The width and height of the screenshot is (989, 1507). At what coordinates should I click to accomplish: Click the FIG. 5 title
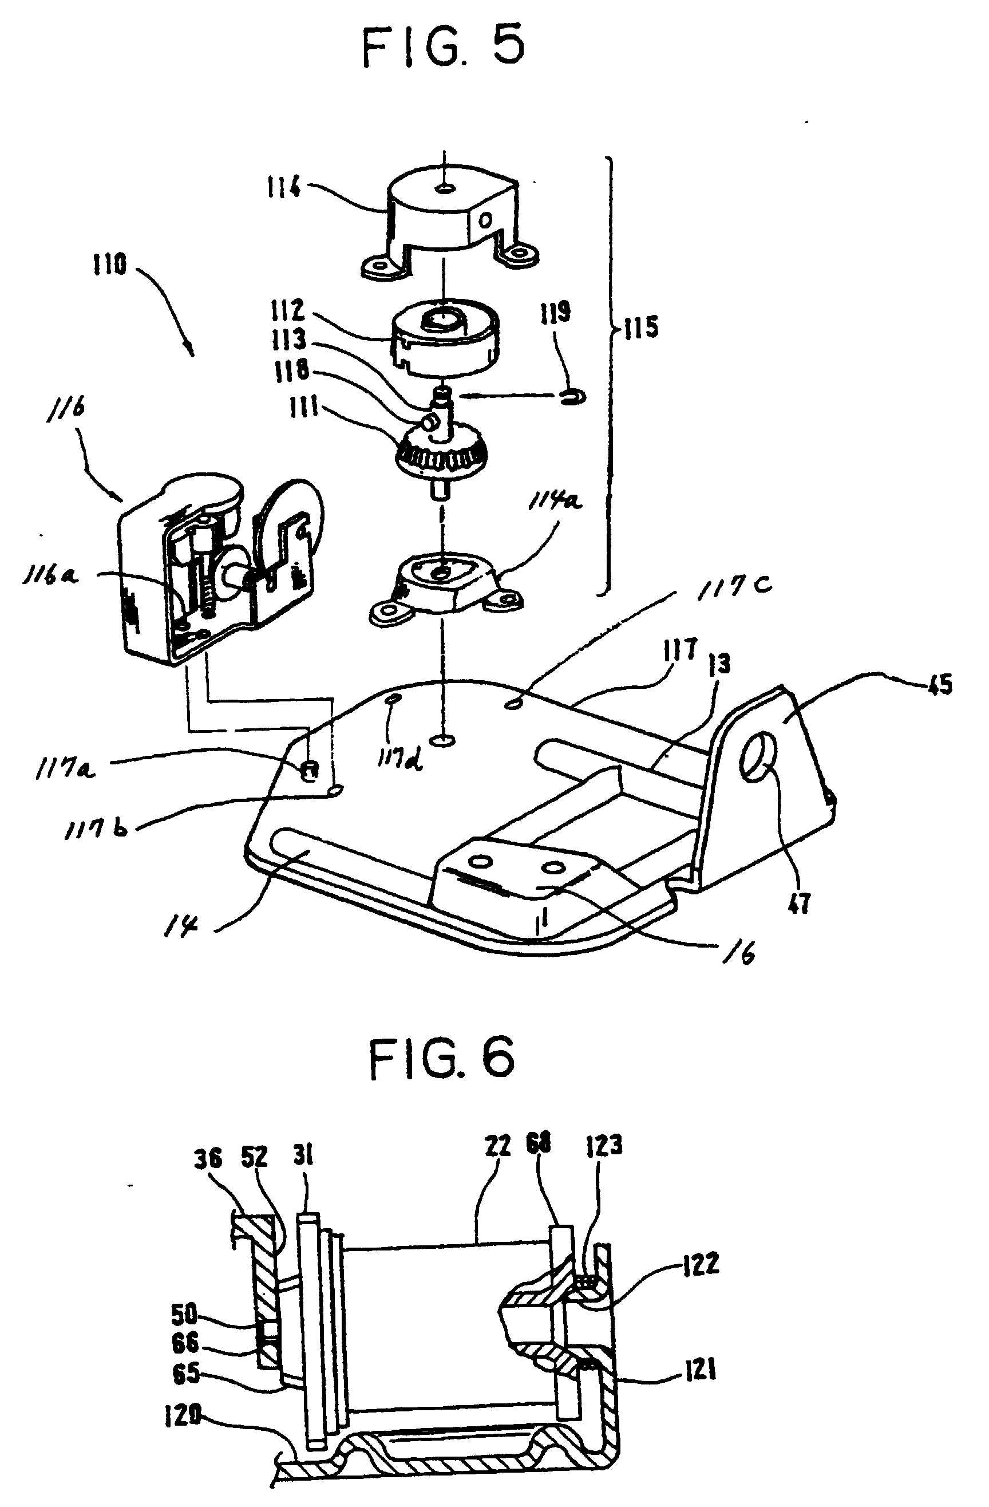(x=444, y=47)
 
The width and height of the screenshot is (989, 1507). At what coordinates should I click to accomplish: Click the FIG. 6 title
(x=441, y=1059)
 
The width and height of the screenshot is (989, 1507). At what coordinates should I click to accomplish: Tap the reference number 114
(x=283, y=187)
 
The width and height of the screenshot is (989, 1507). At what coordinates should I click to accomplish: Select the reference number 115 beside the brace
(x=640, y=328)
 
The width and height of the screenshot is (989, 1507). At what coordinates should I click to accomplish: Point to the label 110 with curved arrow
(x=110, y=264)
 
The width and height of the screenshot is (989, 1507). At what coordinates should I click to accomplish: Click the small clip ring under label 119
(x=573, y=397)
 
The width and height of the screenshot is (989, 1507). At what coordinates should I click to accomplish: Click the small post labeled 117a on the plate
(x=310, y=772)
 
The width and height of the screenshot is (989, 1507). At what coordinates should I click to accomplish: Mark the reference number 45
(x=940, y=684)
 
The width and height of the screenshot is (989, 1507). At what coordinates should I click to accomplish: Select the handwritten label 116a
(x=50, y=576)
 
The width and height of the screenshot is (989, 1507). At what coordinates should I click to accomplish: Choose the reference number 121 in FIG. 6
(x=699, y=1371)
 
